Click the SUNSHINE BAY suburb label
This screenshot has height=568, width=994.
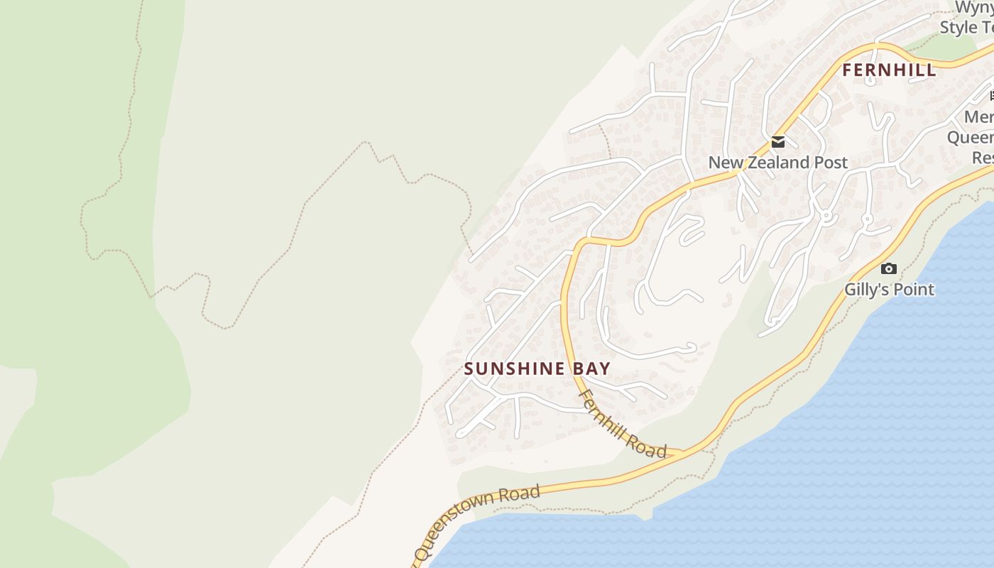[x=537, y=368]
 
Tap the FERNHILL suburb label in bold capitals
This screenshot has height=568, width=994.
[x=889, y=71]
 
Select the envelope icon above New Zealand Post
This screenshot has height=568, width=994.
[x=778, y=142]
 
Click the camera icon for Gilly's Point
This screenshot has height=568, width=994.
[x=888, y=268]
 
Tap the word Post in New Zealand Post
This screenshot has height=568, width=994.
[x=831, y=163]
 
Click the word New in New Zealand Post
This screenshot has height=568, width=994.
[x=725, y=163]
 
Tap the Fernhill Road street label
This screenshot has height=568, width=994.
[x=622, y=423]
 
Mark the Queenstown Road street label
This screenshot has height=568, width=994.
[x=476, y=522]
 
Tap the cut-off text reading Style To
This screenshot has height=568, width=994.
[x=967, y=28]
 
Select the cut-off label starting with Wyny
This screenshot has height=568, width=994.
[x=974, y=8]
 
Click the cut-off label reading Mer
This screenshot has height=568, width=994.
[x=979, y=117]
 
